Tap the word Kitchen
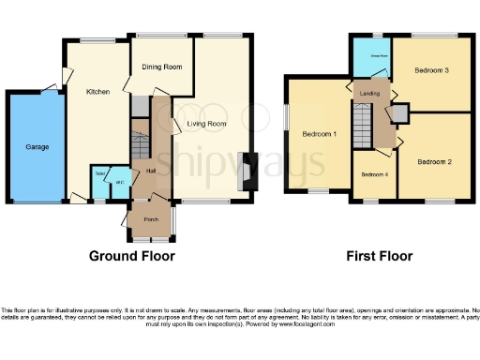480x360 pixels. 99,92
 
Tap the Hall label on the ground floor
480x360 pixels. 151,171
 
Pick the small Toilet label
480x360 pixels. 99,173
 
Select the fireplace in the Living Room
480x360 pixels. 246,172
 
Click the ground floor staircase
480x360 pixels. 141,141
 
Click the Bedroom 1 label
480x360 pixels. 319,134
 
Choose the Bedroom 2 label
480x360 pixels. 435,162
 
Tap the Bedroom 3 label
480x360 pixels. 433,70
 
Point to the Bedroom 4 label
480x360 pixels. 374,174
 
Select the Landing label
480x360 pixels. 368,91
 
